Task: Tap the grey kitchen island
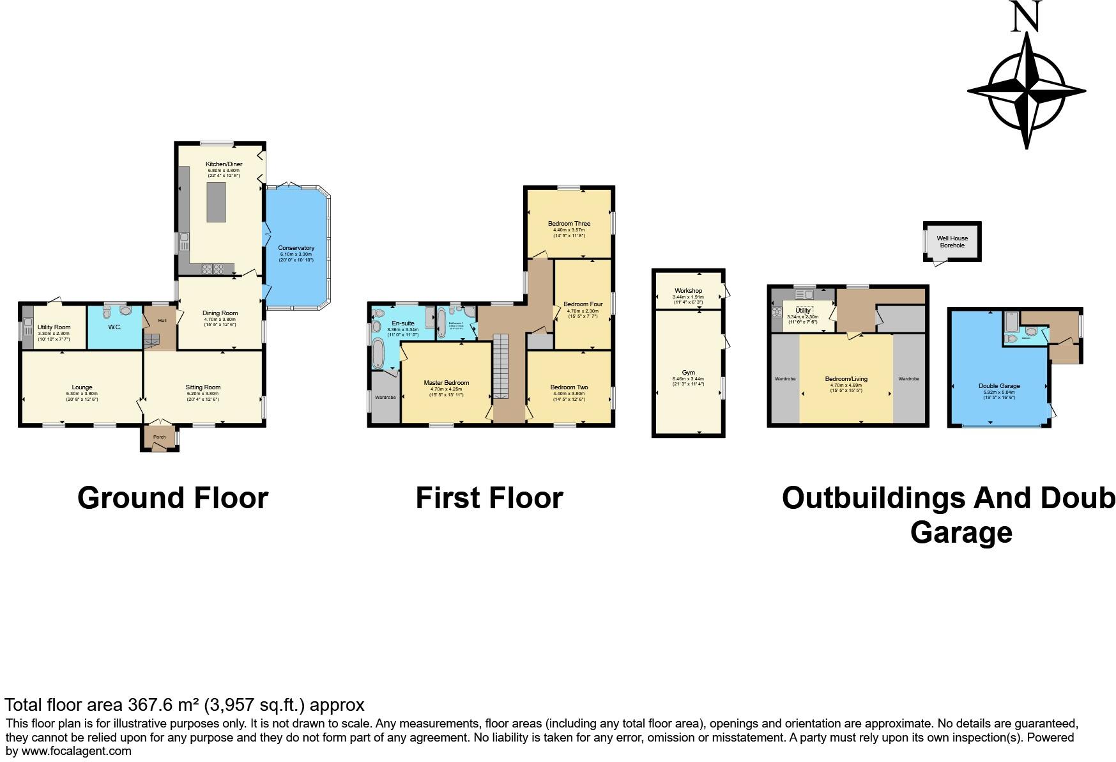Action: [x=217, y=202]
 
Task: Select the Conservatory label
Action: [x=296, y=248]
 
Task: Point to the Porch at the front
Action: [x=159, y=437]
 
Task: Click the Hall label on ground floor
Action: [x=162, y=320]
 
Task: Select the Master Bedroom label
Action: [x=447, y=383]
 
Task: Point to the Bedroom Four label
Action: [x=583, y=304]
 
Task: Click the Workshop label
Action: [x=688, y=291]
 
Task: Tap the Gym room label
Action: [x=688, y=373]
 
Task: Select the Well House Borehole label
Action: [x=952, y=242]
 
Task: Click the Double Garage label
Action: [x=999, y=386]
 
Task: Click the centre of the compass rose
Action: [x=1027, y=91]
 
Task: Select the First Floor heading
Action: [x=489, y=498]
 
